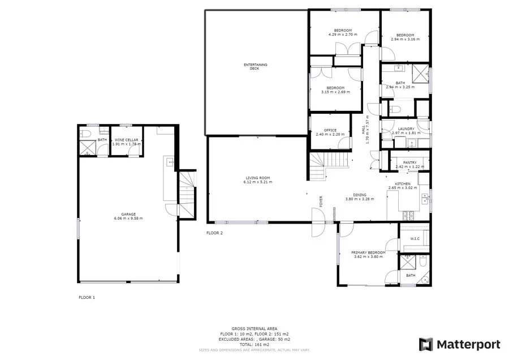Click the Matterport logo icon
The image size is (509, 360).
pos(426,344)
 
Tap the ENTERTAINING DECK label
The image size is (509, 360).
pos(255,66)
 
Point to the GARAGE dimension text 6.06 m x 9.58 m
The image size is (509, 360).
pos(128,218)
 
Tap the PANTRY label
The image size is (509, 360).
pos(410,162)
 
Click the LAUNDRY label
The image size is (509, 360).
pos(406,128)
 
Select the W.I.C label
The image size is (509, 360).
pos(414,239)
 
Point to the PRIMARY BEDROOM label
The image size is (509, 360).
pos(368,252)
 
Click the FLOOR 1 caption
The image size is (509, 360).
pos(87,297)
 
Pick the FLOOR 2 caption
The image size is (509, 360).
pos(215,233)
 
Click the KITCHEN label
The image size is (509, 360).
pos(403,183)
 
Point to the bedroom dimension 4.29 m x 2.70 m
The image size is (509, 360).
pos(343,35)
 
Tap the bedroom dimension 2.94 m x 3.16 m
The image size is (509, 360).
pos(405,39)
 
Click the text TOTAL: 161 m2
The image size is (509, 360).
pos(254,344)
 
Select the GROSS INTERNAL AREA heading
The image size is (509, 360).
pos(254,328)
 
